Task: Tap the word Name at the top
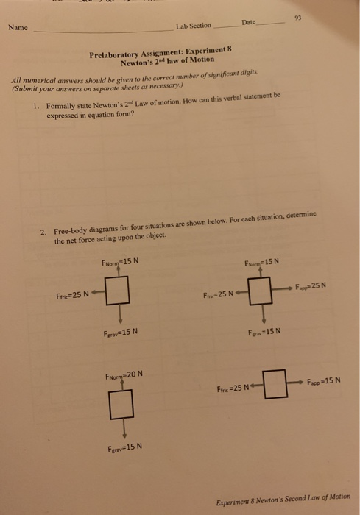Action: click(18, 28)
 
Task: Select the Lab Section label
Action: click(193, 26)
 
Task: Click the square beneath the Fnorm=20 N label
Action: click(120, 402)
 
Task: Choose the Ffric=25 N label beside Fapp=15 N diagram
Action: click(235, 388)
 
